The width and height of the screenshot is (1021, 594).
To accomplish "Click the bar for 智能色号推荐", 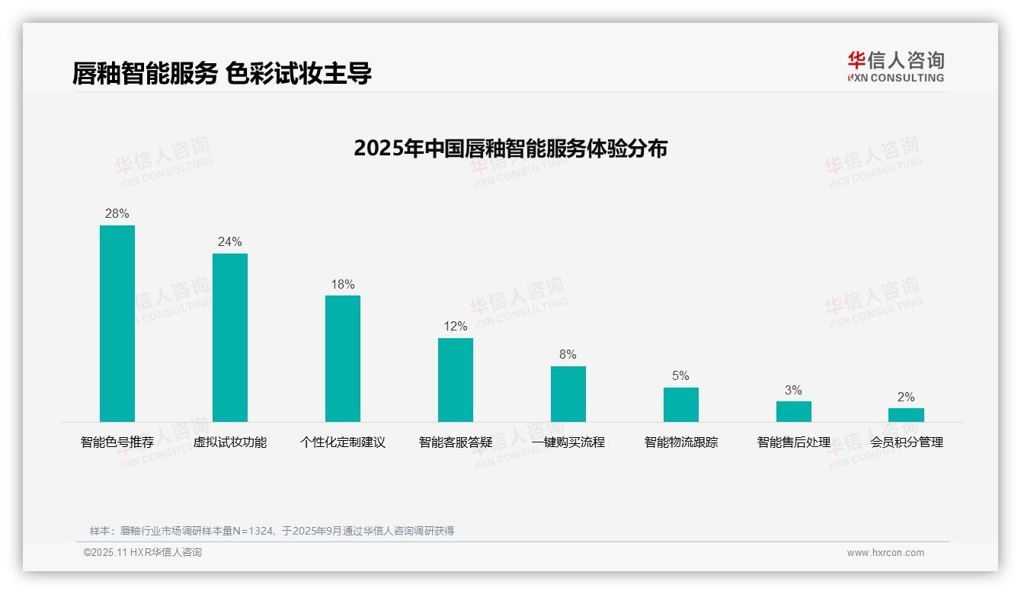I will (117, 324).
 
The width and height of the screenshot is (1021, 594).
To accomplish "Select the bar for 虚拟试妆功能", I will (230, 337).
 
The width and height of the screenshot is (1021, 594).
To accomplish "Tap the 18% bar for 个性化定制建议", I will (343, 359).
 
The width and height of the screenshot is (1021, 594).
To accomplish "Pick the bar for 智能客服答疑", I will (456, 380).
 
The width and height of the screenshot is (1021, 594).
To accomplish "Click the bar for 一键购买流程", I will (568, 394).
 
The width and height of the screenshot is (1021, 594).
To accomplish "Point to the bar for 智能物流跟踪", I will (680, 404).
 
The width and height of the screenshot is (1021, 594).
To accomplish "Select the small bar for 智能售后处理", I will (793, 411).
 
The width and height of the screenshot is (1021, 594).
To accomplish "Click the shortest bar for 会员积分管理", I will (906, 415).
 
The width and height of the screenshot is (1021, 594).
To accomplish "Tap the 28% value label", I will (117, 214).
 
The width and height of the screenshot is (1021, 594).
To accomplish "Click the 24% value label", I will (230, 242).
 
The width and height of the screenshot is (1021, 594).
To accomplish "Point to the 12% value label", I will (456, 327).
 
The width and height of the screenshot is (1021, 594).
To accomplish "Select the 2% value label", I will (906, 398).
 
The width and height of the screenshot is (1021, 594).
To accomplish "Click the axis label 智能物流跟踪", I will (680, 442).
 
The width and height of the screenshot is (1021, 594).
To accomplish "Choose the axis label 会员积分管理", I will (906, 442).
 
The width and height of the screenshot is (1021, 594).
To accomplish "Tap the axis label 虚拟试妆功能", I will (230, 442).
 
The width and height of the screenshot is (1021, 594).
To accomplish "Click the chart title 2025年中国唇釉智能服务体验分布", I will (510, 148).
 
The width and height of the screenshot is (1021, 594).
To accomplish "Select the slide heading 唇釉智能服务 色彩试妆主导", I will (222, 74).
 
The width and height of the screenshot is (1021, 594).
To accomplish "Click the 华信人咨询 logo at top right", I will (895, 67).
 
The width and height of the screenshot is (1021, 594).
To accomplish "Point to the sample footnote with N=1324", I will (272, 531).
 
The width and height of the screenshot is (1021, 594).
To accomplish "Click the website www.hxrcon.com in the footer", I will (885, 553).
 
